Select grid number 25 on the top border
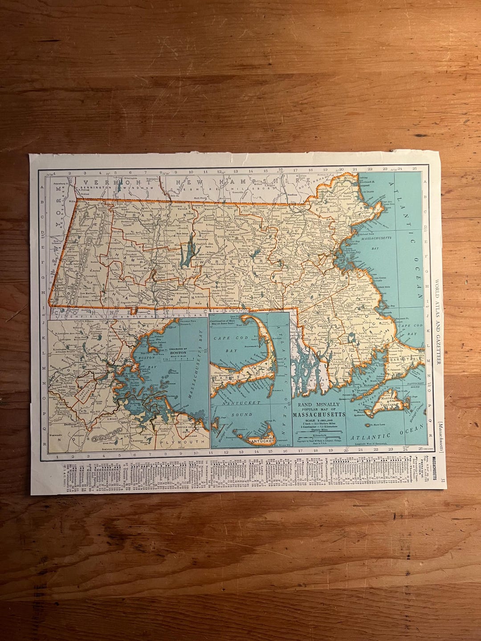(415, 169)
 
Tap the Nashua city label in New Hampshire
(293, 195)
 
